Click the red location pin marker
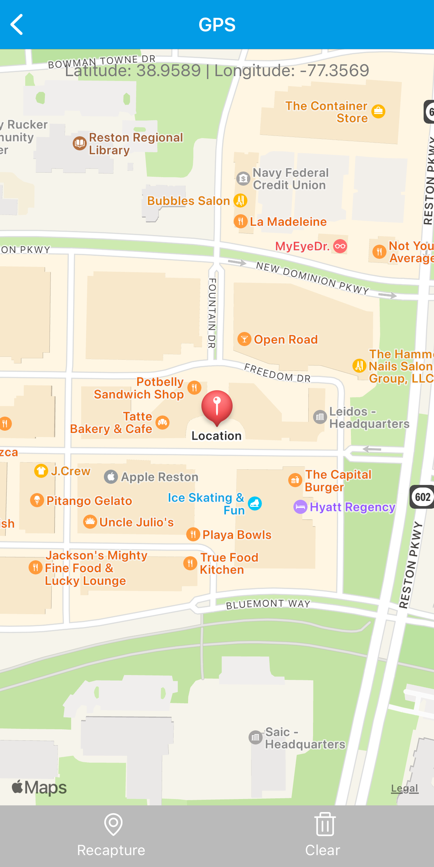pyautogui.click(x=217, y=406)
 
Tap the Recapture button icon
pyautogui.click(x=113, y=825)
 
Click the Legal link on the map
pyautogui.click(x=405, y=788)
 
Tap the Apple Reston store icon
pyautogui.click(x=111, y=477)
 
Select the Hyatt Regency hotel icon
pyautogui.click(x=300, y=507)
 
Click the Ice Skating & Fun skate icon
pyautogui.click(x=255, y=503)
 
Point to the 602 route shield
pyautogui.click(x=423, y=497)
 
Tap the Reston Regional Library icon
pyautogui.click(x=80, y=143)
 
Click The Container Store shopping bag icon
pyautogui.click(x=378, y=111)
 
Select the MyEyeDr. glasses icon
pyautogui.click(x=340, y=246)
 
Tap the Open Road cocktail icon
pyautogui.click(x=244, y=339)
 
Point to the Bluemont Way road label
pyautogui.click(x=268, y=604)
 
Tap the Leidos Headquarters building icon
pyautogui.click(x=320, y=417)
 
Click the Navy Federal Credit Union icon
pyautogui.click(x=243, y=179)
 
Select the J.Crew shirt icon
pyautogui.click(x=41, y=471)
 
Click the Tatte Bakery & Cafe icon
pyautogui.click(x=162, y=422)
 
